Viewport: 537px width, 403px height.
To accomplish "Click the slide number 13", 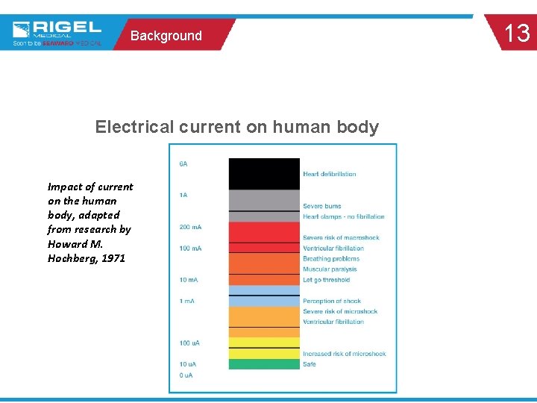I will point(517,34).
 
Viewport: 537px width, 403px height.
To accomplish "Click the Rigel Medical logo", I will point(57,31).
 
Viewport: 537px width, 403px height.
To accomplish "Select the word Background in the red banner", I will point(166,36).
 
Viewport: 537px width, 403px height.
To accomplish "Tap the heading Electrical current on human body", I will point(236,127).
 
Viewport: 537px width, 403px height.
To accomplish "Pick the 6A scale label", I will point(183,163).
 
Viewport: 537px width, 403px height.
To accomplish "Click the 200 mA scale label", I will point(190,227).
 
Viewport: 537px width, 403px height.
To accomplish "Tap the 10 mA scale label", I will point(188,280).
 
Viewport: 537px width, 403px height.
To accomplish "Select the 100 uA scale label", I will point(189,343).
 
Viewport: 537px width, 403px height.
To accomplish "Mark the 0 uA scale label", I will point(186,375).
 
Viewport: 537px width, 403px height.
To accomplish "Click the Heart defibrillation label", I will point(329,174).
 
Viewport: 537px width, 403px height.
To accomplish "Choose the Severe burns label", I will point(322,206).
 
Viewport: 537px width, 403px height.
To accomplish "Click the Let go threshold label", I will point(326,280).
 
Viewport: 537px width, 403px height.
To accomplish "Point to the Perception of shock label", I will point(332,302).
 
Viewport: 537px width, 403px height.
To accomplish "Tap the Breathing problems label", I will point(331,259).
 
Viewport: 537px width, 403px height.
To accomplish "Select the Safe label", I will point(310,364).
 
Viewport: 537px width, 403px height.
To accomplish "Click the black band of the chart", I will point(263,173).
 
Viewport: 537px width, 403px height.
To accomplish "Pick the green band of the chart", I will point(263,364).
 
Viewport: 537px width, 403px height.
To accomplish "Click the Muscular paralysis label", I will point(330,269).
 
